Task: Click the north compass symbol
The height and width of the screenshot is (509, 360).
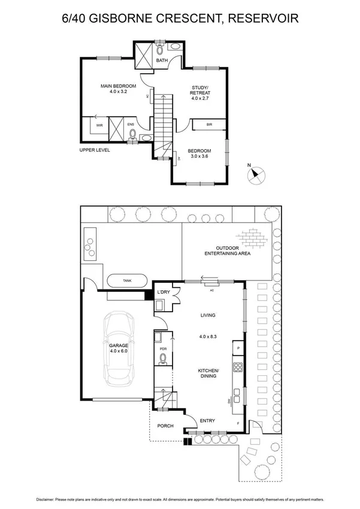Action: coord(256,175)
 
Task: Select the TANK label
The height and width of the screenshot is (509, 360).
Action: coord(127,280)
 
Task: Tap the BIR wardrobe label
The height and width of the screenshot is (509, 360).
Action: coord(209,125)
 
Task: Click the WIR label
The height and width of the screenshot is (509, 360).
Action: coord(100,126)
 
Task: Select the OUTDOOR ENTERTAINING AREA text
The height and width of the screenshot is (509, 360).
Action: coord(228,251)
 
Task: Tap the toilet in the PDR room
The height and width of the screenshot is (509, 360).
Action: coord(162,359)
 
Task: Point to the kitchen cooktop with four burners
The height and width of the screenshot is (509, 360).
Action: coord(238,368)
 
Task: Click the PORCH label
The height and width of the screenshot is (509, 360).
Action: coord(165,426)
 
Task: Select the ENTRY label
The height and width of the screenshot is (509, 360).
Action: coord(207,420)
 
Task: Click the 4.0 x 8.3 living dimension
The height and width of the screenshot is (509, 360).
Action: coord(207,337)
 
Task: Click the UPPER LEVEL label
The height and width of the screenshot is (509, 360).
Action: coord(95,150)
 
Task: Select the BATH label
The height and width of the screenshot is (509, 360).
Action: coord(162,61)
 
